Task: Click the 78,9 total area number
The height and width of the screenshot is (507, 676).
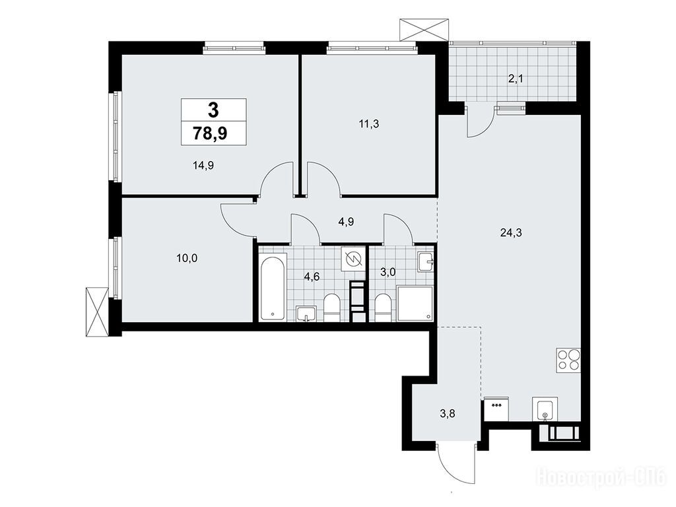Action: click(211, 133)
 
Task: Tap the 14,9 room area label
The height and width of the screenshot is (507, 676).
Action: click(203, 165)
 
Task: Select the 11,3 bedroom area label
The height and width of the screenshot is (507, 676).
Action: click(369, 124)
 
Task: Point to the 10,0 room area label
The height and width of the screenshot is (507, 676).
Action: click(187, 258)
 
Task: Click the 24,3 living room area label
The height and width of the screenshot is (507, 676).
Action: click(512, 233)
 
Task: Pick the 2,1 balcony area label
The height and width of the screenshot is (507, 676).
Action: click(516, 79)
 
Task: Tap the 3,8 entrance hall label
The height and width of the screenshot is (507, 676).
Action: click(448, 414)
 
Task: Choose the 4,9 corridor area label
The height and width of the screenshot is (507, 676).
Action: click(346, 222)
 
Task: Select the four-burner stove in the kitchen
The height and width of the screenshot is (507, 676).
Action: click(568, 360)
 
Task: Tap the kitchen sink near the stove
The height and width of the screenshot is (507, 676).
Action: click(545, 409)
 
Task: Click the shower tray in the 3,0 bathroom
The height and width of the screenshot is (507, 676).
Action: click(415, 304)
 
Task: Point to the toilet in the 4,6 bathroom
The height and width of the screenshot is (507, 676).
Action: click(332, 308)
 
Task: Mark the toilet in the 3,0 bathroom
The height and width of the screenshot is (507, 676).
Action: click(383, 308)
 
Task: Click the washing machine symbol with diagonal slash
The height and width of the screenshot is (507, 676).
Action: click(353, 259)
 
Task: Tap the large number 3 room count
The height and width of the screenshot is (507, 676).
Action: click(213, 110)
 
